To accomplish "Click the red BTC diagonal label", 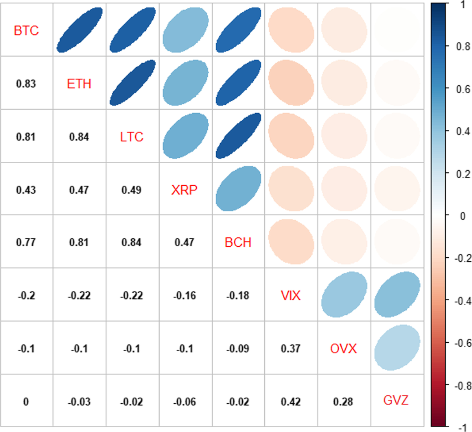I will coord(26,30).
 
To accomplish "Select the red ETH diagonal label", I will coord(79,83).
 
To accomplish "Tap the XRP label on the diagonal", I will coord(184,190).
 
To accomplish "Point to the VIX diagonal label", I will coord(291,295).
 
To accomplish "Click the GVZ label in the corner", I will coord(396,400).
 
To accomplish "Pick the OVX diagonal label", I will coord(343,348).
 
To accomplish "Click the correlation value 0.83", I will coord(26,84).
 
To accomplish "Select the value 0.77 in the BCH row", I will coord(26,242).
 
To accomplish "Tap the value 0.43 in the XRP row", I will coord(26,190).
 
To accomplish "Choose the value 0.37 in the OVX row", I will coord(291,349).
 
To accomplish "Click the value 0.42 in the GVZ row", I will coord(291,402).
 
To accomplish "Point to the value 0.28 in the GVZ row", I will coord(343,402).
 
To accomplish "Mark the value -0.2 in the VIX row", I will coord(26,295).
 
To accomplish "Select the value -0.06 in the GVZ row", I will coord(184,402).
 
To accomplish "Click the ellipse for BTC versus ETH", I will coord(79,30).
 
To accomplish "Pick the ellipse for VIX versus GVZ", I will coord(397,294).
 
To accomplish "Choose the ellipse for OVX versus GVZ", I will coord(397,347).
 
